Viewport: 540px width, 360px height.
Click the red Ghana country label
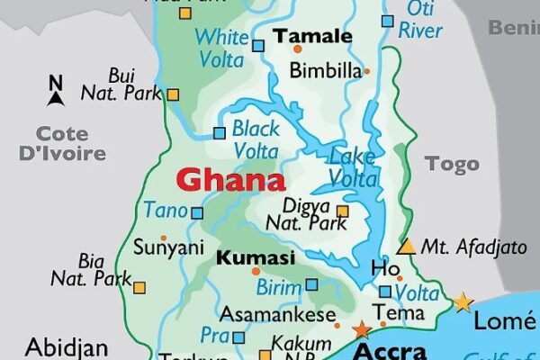click(230, 180)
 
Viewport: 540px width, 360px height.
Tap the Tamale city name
click(312, 37)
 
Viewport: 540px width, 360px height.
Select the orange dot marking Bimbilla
click(366, 70)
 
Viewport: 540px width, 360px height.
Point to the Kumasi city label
click(256, 258)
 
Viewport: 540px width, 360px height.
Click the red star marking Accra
click(363, 330)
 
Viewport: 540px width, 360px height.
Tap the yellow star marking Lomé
click(463, 302)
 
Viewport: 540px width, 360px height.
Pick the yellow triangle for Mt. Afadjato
click(407, 246)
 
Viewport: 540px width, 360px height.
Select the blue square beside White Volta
click(258, 45)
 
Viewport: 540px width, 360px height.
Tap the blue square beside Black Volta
click(219, 133)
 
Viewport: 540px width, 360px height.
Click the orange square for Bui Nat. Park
click(173, 94)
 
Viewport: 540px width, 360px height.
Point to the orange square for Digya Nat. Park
click(342, 211)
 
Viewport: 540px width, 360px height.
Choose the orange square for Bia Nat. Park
click(139, 287)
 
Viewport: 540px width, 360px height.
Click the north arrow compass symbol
click(56, 88)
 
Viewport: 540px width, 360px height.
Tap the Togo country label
click(452, 163)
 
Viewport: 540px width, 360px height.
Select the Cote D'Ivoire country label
click(62, 142)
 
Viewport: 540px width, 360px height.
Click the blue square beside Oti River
click(387, 21)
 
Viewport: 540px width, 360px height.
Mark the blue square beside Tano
click(198, 213)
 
